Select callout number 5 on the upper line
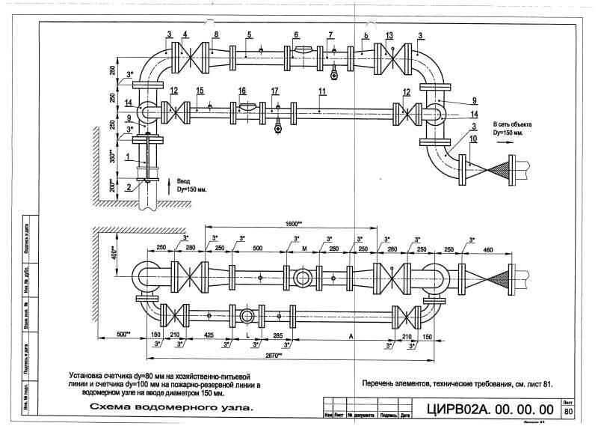(250, 34)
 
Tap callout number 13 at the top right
(389, 35)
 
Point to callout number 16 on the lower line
(242, 91)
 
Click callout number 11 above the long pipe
(321, 91)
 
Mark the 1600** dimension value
(292, 223)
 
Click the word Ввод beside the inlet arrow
(185, 181)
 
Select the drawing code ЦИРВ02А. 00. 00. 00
(490, 410)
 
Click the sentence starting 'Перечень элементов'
(457, 384)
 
